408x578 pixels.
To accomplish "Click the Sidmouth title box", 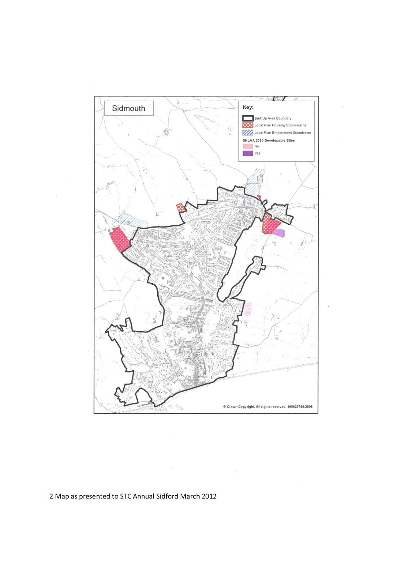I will [128, 108].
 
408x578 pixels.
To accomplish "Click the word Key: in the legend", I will [248, 107].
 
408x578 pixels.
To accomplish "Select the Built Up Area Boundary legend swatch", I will [247, 118].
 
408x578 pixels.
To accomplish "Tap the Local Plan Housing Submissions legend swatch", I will [247, 125].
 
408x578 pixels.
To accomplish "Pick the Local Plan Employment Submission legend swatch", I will [247, 133].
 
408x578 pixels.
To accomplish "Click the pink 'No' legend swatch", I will [247, 146].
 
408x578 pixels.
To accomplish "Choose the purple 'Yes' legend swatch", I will [247, 153].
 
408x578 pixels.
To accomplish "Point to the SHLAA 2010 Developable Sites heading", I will [268, 141].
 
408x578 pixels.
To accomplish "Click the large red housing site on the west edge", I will [120, 239].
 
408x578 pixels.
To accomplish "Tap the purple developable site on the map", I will [279, 233].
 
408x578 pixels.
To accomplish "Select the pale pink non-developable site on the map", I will [247, 309].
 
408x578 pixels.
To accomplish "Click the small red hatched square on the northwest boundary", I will [180, 207].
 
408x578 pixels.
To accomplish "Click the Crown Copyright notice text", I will [268, 407].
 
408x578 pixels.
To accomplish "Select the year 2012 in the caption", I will [209, 496].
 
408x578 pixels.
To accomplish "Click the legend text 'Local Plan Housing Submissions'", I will [280, 125].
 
